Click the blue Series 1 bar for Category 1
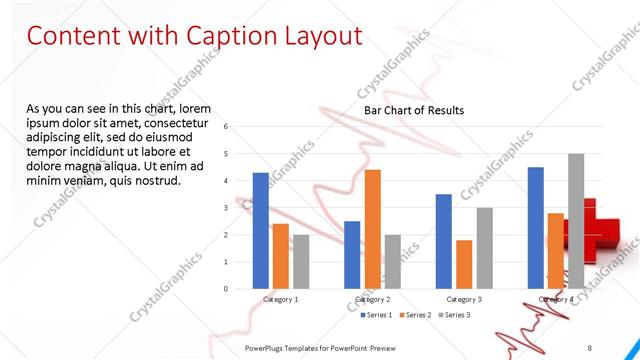click(261, 230)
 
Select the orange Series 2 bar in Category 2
click(372, 229)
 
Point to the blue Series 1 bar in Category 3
click(444, 241)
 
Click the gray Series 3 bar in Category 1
click(301, 261)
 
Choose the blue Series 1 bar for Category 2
click(352, 255)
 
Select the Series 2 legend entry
click(415, 315)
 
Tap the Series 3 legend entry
click(455, 315)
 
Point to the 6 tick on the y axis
click(227, 127)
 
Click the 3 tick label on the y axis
click(227, 208)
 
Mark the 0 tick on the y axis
click(227, 289)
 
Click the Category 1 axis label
click(281, 299)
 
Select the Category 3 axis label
click(464, 299)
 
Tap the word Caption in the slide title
click(229, 36)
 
